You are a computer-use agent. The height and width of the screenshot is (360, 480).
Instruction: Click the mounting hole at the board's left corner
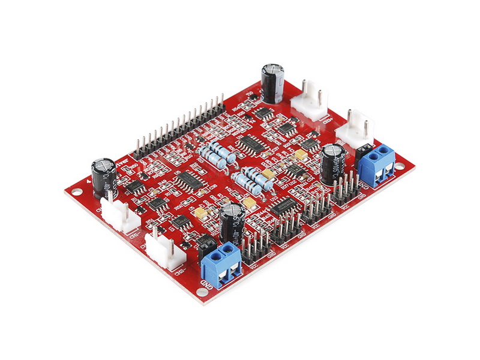coord(76,192)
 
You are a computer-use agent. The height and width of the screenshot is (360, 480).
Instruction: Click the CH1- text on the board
coord(133,234)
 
